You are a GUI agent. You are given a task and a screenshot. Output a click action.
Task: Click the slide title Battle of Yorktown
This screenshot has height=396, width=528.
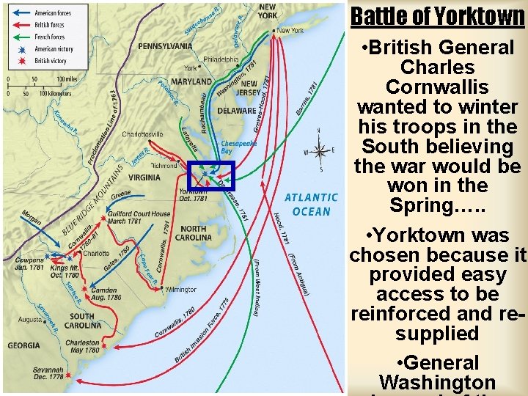pyautogui.click(x=437, y=16)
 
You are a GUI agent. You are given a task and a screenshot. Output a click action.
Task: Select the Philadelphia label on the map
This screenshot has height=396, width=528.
pyautogui.click(x=221, y=59)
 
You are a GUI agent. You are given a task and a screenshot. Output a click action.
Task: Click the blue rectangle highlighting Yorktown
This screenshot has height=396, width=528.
pyautogui.click(x=210, y=176)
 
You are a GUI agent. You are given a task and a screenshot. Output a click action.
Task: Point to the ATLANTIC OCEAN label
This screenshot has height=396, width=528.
pyautogui.click(x=311, y=204)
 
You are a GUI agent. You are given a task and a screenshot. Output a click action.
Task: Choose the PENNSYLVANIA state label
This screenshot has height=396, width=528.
pyautogui.click(x=165, y=46)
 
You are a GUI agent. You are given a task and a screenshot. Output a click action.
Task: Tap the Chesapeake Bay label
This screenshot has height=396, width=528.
pyautogui.click(x=238, y=147)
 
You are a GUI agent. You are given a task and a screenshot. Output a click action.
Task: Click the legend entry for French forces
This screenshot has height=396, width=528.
pyautogui.click(x=49, y=37)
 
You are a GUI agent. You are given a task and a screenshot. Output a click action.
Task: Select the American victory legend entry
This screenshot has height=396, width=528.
pyautogui.click(x=54, y=49)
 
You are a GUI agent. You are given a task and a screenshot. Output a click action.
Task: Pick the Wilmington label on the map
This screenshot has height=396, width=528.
pyautogui.click(x=181, y=290)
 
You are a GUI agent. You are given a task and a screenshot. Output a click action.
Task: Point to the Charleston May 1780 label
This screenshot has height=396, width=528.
pyautogui.click(x=82, y=346)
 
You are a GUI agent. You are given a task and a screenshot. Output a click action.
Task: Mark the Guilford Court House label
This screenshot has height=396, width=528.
pyautogui.click(x=139, y=217)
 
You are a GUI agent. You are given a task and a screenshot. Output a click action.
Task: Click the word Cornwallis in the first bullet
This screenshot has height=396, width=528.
pyautogui.click(x=439, y=87)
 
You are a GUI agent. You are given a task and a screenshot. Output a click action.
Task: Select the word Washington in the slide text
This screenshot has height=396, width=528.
pyautogui.click(x=437, y=382)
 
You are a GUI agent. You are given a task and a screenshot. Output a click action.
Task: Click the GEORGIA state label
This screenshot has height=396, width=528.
pyautogui.click(x=23, y=345)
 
